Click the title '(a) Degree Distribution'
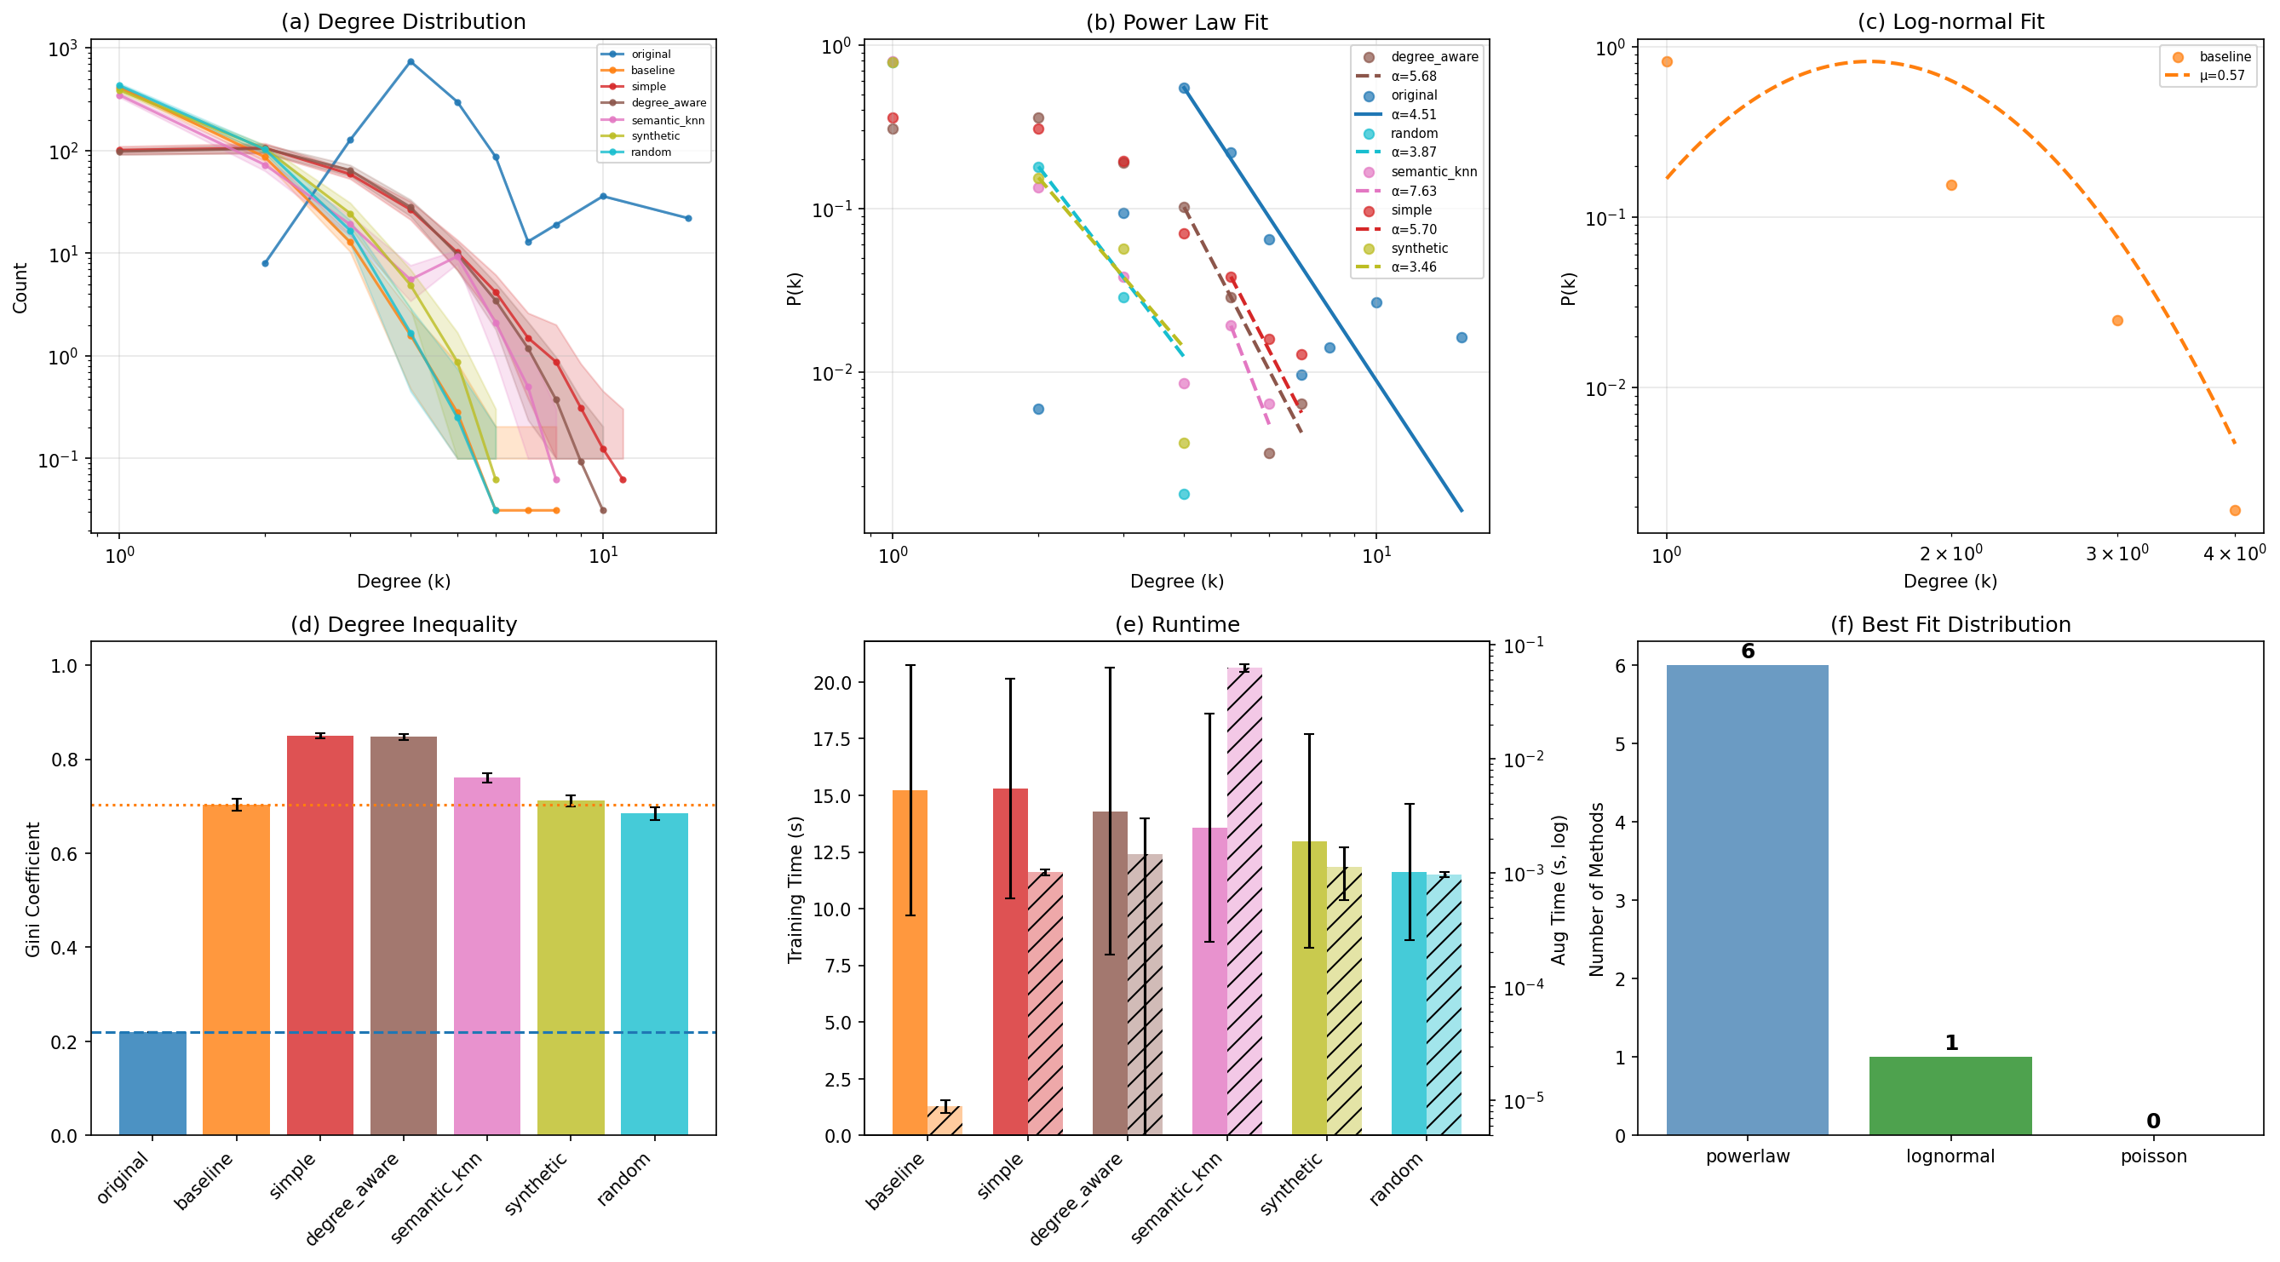click(403, 22)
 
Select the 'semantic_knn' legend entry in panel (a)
click(668, 120)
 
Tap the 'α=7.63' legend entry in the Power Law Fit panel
click(1414, 191)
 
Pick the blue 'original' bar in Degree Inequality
click(152, 1083)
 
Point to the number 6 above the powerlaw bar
click(1747, 651)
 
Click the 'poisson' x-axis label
click(2152, 1156)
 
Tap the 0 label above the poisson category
click(2152, 1121)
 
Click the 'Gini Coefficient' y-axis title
click(32, 888)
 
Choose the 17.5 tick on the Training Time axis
click(832, 739)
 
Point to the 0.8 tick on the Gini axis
click(66, 760)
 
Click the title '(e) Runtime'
click(1176, 625)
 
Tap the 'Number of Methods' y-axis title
click(1596, 888)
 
